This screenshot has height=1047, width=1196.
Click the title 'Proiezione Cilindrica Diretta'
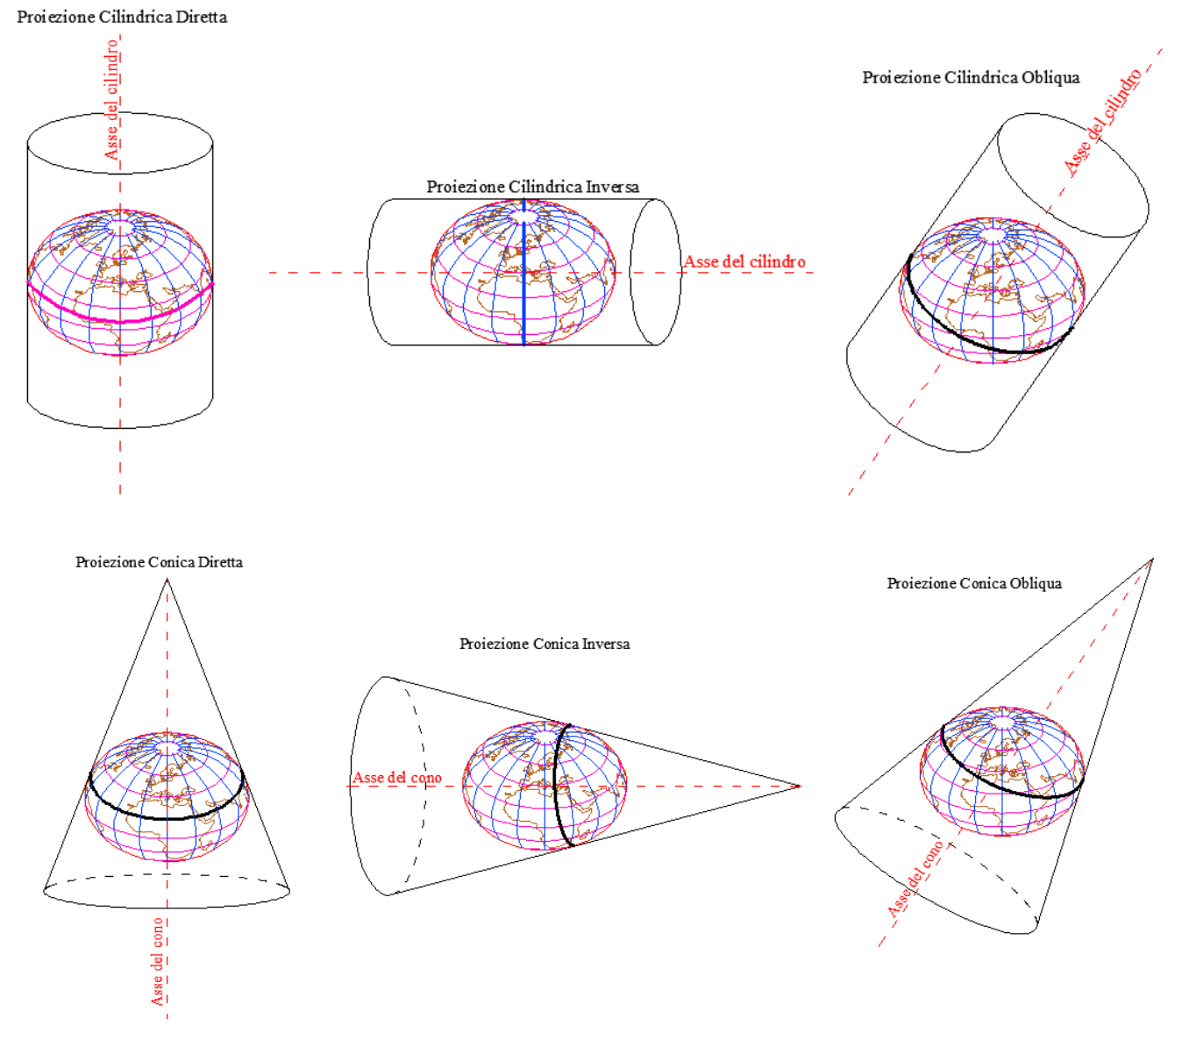pos(122,17)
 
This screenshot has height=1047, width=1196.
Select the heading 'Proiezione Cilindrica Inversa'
pos(532,187)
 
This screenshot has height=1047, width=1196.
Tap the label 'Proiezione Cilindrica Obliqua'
pos(971,78)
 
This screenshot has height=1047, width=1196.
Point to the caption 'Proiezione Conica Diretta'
pos(159,562)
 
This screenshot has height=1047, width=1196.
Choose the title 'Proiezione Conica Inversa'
pos(545,644)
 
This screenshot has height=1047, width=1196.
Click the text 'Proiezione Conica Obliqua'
pos(974,583)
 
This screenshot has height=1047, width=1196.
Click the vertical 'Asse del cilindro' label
pos(111,99)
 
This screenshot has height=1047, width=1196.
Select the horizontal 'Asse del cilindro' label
pos(744,261)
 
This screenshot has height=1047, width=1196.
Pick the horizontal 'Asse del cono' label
pos(397,778)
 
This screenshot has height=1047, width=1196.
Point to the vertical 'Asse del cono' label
pos(157,962)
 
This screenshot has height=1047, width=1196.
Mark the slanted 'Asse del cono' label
pos(915,879)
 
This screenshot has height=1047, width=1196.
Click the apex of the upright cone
pos(167,579)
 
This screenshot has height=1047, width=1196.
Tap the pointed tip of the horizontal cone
pos(801,787)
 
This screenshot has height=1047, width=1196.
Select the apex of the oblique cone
pos(1153,559)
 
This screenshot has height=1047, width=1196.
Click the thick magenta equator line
pos(120,321)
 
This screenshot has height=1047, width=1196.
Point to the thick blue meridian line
pos(523,272)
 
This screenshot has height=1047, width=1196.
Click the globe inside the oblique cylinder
pos(993,290)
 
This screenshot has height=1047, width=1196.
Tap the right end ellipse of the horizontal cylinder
pos(655,272)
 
